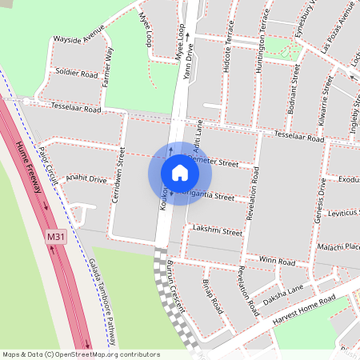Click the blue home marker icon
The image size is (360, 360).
pos(180,173)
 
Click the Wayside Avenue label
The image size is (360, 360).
pos(78,38)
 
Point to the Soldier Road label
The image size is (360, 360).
pos(77,74)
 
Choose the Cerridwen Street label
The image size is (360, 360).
pos(118,174)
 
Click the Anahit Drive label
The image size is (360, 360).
pos(86,178)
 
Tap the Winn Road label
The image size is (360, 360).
pos(277,262)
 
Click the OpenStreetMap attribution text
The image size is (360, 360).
pos(81,354)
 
